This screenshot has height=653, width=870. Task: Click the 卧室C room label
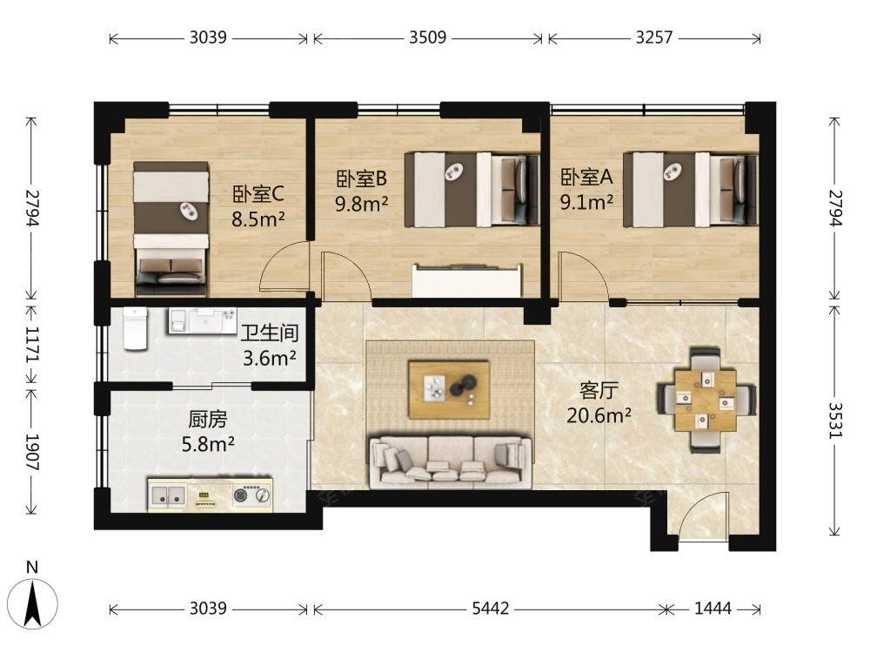[258, 194]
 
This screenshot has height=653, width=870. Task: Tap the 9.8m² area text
[361, 204]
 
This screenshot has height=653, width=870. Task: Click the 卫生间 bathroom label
[270, 333]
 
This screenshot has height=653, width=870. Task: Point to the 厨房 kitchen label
[208, 420]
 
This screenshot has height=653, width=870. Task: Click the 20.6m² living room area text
[599, 414]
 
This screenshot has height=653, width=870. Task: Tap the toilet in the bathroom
[136, 329]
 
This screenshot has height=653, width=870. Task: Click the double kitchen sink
[169, 495]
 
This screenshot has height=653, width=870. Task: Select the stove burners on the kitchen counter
[252, 494]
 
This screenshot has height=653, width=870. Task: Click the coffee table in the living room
[449, 389]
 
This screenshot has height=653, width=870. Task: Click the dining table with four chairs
[706, 400]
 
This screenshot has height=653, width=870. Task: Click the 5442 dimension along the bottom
[490, 609]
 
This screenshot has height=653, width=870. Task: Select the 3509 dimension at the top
[428, 37]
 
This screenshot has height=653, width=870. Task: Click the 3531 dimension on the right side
[835, 421]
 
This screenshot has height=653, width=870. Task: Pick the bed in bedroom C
[171, 228]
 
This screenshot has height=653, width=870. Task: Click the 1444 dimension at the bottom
[713, 609]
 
